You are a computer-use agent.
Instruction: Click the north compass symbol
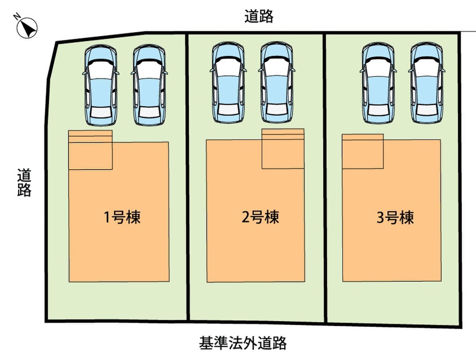[x=27, y=27]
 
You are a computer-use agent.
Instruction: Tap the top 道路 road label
[x=259, y=17]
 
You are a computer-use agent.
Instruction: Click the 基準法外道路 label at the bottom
[x=242, y=343]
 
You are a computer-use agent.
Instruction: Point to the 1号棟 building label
[x=122, y=217]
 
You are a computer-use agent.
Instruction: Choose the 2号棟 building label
[x=260, y=217]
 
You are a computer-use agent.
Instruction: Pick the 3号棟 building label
[x=395, y=218]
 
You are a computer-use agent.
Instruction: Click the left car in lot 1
[x=101, y=85]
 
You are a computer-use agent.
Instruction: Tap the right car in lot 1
[x=149, y=85]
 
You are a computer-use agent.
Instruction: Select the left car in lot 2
[x=229, y=83]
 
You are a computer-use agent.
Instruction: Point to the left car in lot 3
[x=379, y=83]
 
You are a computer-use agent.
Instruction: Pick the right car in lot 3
[x=427, y=83]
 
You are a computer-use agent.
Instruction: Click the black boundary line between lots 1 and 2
[x=188, y=180]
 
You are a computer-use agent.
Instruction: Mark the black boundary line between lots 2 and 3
[x=325, y=180]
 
